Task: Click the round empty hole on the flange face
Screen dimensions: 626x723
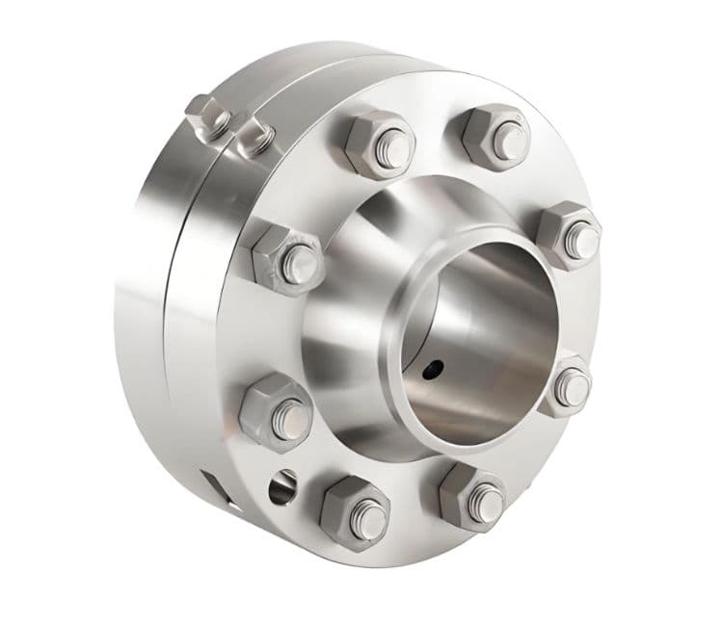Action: pyautogui.click(x=283, y=485)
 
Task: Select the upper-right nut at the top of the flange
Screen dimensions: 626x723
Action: pyautogui.click(x=495, y=137)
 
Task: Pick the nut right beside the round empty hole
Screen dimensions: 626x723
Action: pyautogui.click(x=354, y=507)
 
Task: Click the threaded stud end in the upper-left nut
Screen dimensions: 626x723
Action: pyautogui.click(x=302, y=259)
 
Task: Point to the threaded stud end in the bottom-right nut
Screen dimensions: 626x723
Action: pyautogui.click(x=486, y=499)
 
